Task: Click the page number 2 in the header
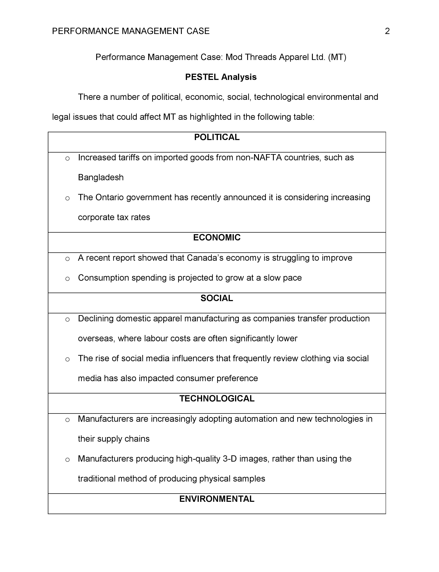[387, 31]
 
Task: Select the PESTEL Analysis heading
[221, 77]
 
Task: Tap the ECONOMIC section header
[217, 237]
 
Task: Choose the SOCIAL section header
[217, 298]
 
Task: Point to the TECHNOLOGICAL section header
[217, 398]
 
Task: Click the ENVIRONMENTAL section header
[217, 499]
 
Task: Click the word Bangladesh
[101, 178]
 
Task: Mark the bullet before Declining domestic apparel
[67, 319]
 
